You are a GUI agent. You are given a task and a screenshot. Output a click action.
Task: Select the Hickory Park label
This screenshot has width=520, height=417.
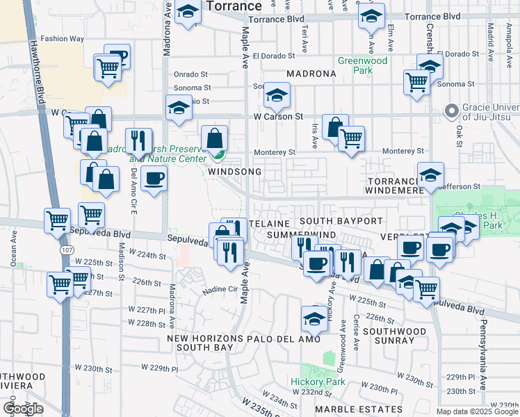(x=318, y=382)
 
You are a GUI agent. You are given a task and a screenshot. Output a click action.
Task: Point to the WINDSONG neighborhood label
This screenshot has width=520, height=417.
(x=235, y=172)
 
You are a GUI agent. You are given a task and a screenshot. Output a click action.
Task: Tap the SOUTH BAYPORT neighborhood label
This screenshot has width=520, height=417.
(x=341, y=221)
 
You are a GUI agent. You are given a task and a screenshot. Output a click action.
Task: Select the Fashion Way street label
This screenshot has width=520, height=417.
(x=62, y=39)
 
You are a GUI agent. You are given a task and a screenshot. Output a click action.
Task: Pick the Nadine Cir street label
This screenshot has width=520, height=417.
(x=220, y=290)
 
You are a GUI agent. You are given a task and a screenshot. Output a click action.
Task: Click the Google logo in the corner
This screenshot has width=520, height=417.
(x=23, y=409)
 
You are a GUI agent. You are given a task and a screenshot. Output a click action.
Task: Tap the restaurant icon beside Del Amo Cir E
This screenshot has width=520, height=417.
(x=138, y=141)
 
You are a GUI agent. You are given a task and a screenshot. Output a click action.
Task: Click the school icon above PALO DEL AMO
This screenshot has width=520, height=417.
(x=314, y=319)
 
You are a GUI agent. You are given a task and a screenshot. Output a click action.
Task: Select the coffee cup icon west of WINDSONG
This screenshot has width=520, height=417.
(x=154, y=178)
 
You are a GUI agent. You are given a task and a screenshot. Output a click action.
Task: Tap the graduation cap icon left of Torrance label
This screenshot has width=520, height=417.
(x=188, y=13)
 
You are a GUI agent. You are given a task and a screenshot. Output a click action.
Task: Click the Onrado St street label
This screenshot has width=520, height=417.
(x=191, y=74)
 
